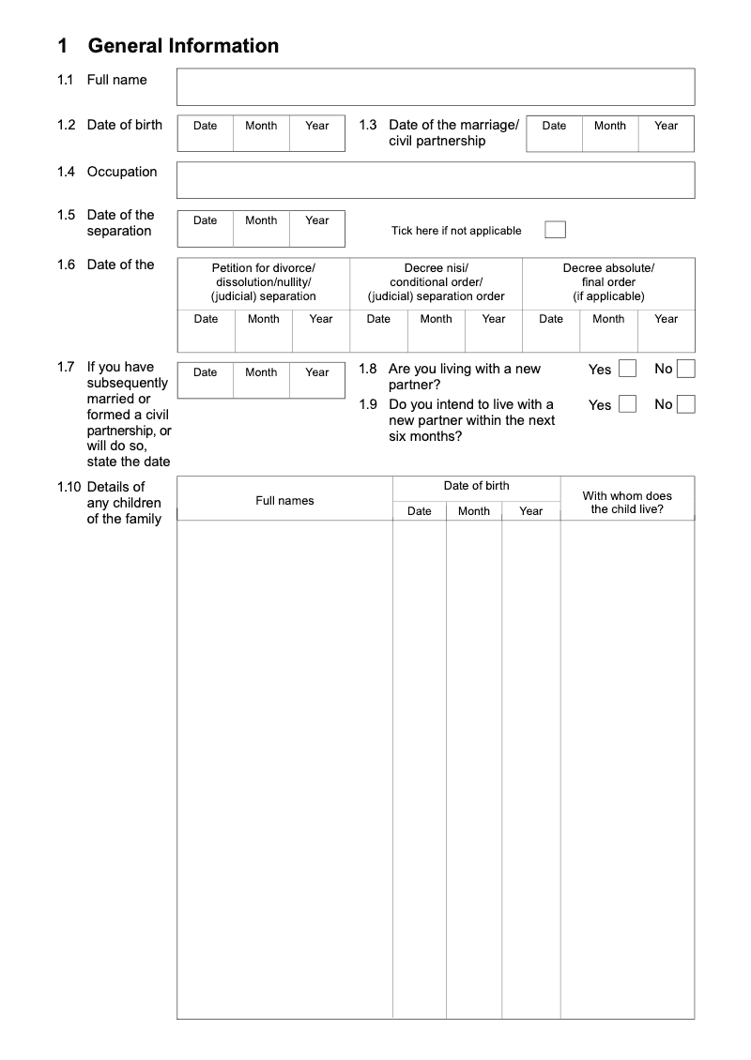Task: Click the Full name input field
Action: pos(436,86)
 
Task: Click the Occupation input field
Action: pos(436,180)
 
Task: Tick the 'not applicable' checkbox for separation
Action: pos(555,230)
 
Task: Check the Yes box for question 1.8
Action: pos(627,369)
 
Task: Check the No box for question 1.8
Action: pos(686,369)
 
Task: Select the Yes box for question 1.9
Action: pos(627,404)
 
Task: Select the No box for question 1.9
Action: pos(686,404)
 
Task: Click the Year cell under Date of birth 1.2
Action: pos(317,133)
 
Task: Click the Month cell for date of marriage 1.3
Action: pos(610,133)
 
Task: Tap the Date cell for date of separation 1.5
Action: pos(205,229)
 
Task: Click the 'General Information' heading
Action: pos(183,46)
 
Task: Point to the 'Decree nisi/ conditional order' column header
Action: pos(436,282)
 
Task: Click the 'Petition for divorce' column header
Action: pos(264,282)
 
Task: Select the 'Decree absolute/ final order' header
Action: pos(608,282)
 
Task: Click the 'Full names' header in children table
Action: pos(284,501)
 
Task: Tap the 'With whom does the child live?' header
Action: pos(627,503)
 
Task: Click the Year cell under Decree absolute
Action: pos(667,330)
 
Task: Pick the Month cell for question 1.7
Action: pos(261,380)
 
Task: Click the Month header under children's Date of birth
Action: pos(474,511)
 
